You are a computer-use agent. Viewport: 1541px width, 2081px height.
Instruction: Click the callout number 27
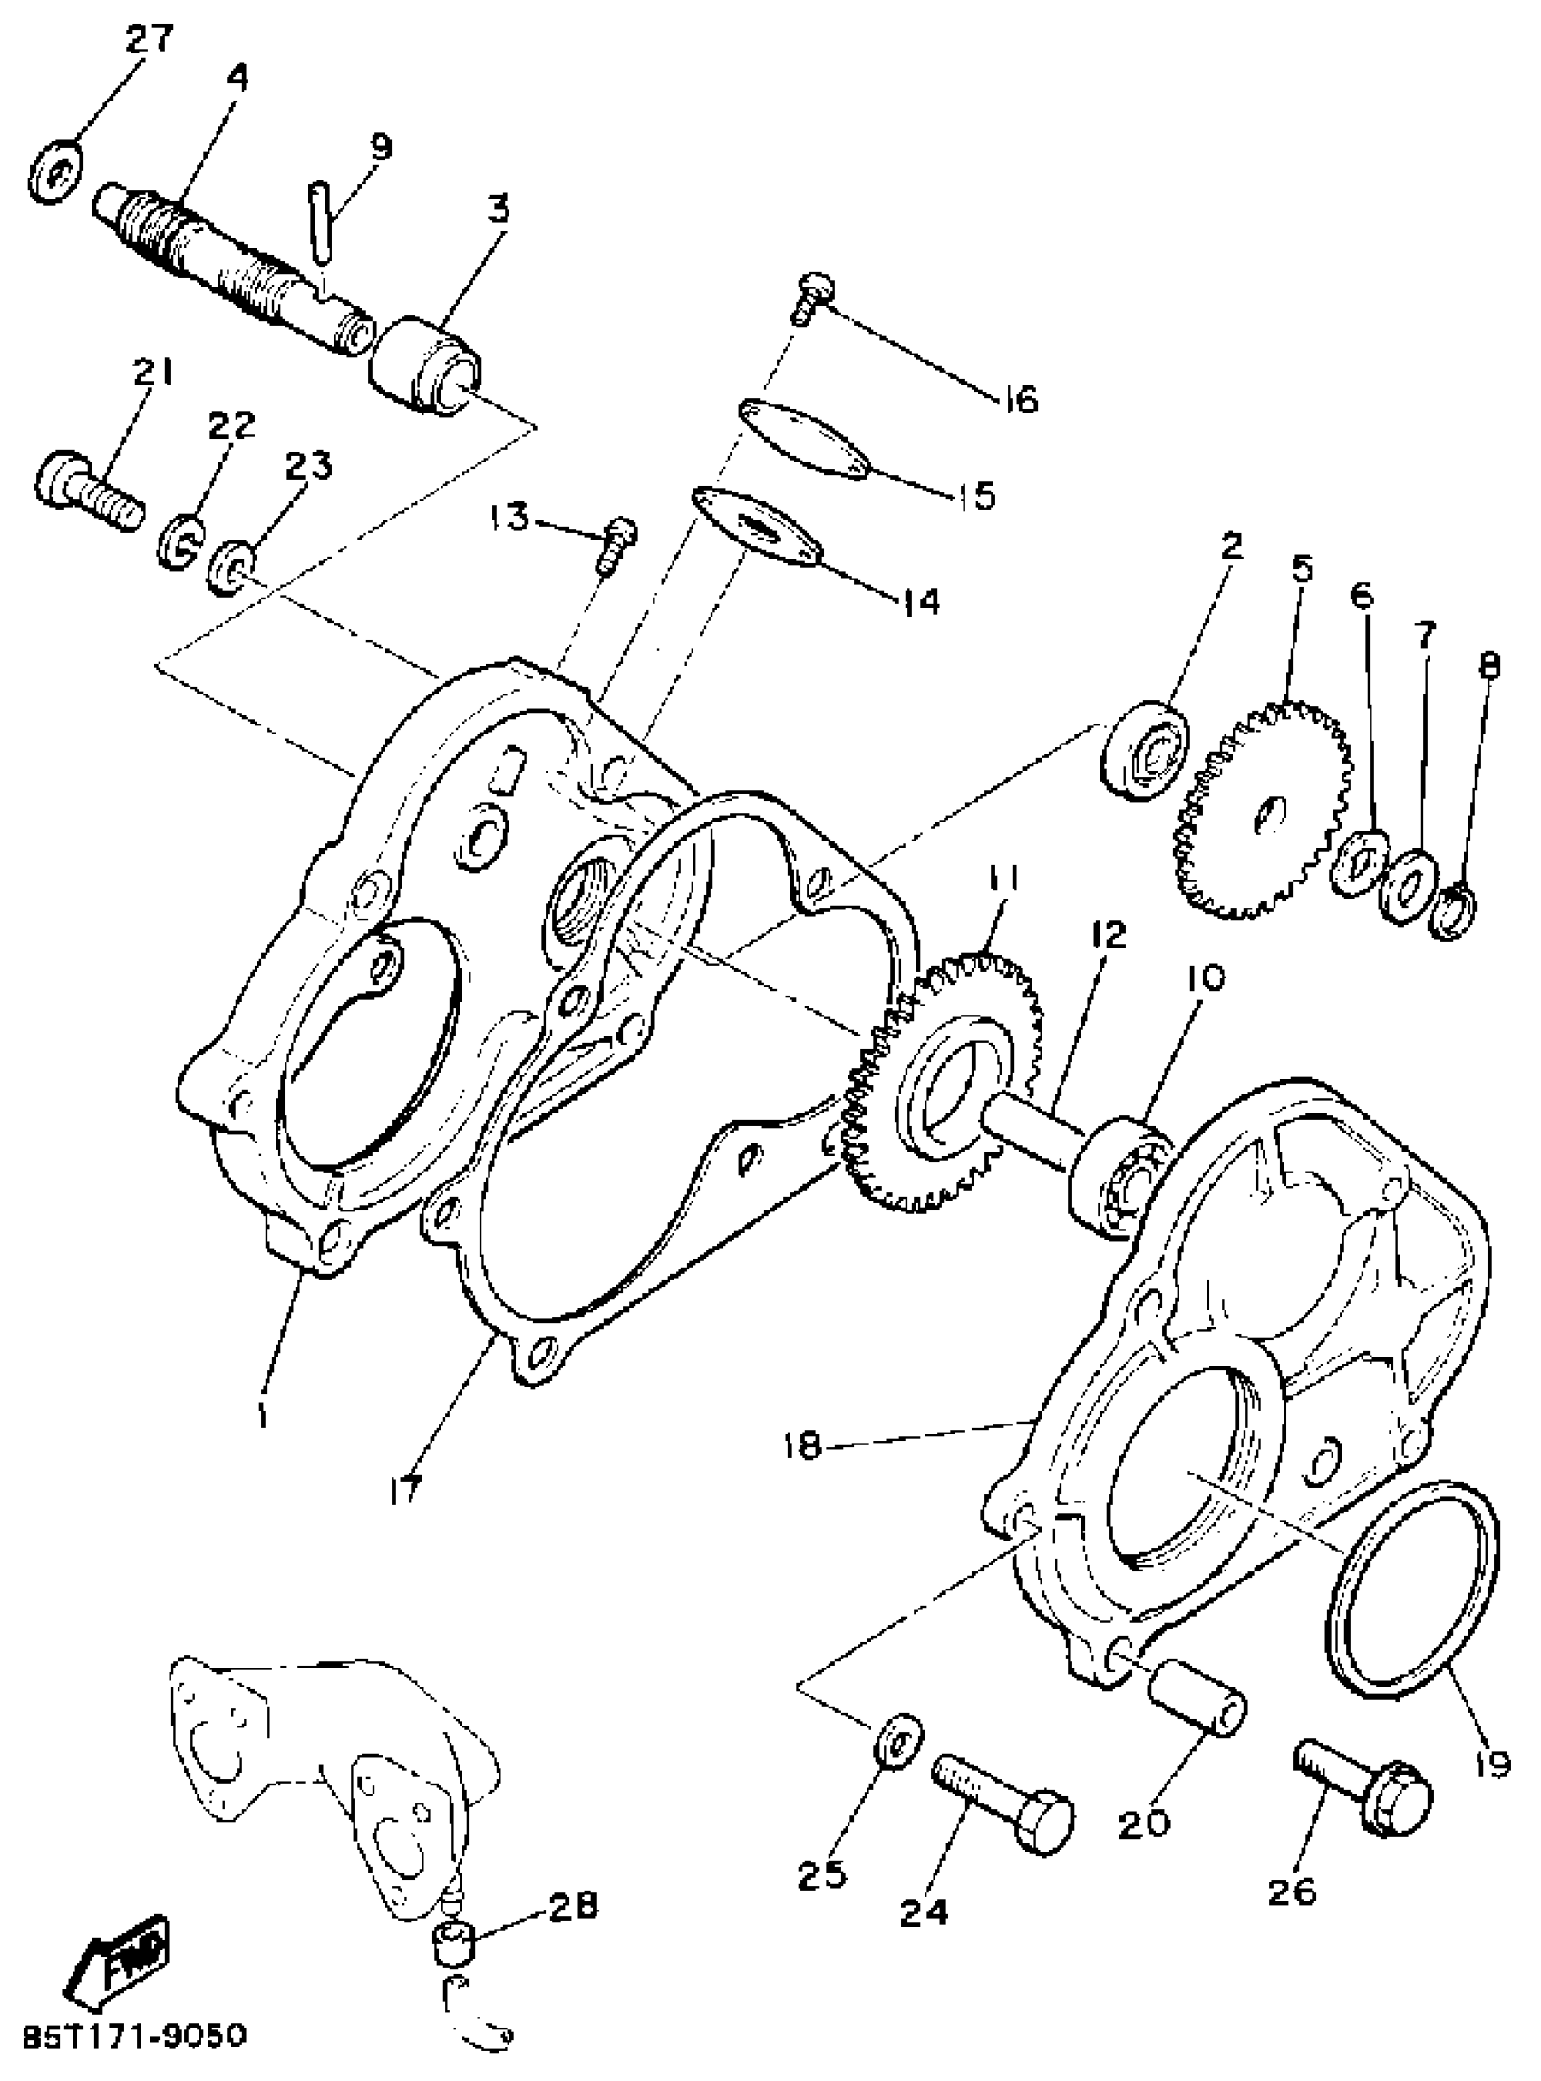149,39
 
